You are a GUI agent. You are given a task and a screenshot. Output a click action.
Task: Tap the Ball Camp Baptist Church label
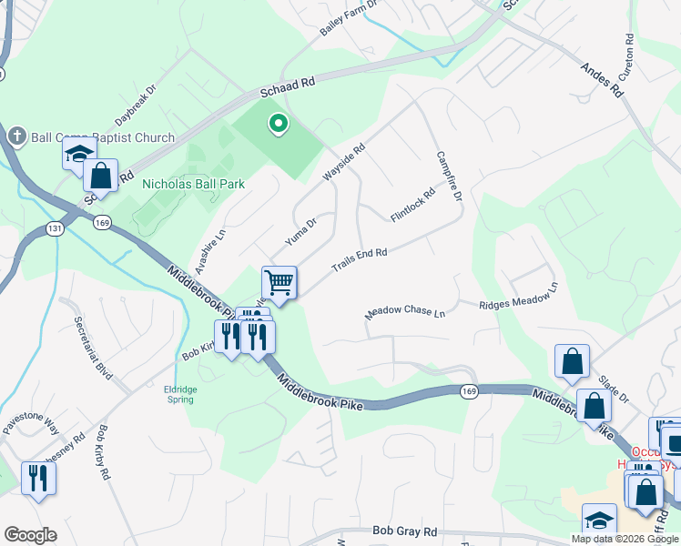click(x=102, y=138)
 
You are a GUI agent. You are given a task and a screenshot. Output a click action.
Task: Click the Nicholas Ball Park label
click(x=193, y=184)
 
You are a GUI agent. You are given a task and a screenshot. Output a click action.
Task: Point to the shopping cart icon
click(x=280, y=281)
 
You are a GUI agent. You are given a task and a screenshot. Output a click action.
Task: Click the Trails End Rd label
click(x=360, y=258)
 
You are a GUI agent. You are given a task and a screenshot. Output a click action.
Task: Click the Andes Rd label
click(x=602, y=80)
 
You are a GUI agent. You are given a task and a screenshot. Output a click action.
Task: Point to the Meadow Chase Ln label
click(x=405, y=311)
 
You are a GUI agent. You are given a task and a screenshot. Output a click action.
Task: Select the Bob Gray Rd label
click(x=405, y=531)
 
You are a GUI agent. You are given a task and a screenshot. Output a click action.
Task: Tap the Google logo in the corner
click(x=30, y=535)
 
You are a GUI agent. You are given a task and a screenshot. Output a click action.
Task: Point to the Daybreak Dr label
click(x=136, y=106)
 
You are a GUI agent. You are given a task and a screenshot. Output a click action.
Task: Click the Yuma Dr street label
click(x=300, y=232)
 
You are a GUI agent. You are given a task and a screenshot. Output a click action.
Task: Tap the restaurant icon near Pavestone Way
click(x=37, y=477)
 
